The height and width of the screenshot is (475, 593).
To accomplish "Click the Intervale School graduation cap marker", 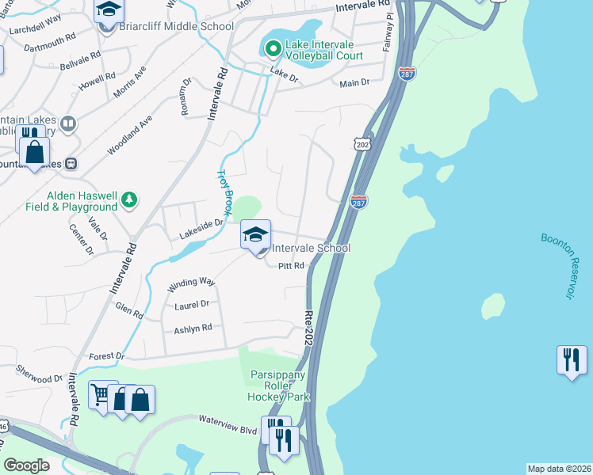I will pos(255,236).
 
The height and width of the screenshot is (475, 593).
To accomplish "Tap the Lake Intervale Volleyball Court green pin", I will pos(274,50).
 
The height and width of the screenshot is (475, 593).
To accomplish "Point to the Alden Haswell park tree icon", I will pos(128,201).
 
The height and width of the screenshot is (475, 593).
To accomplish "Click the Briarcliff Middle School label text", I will pos(176,26).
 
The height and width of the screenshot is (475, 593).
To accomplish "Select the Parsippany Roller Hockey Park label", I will pos(277,386).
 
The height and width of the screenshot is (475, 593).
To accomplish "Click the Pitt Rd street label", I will pos(292,267).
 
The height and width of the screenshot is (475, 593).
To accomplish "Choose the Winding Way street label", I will pos(189,282).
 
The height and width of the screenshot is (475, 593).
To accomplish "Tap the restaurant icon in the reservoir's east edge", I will pos(571,360).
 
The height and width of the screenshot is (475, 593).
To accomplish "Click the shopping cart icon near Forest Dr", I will pos(101,395).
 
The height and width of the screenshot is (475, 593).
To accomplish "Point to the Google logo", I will pos(27,465).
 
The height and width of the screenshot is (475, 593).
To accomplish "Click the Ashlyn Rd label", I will pos(193,328).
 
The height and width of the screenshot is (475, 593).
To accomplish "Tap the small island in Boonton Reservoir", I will pos(492,305).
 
